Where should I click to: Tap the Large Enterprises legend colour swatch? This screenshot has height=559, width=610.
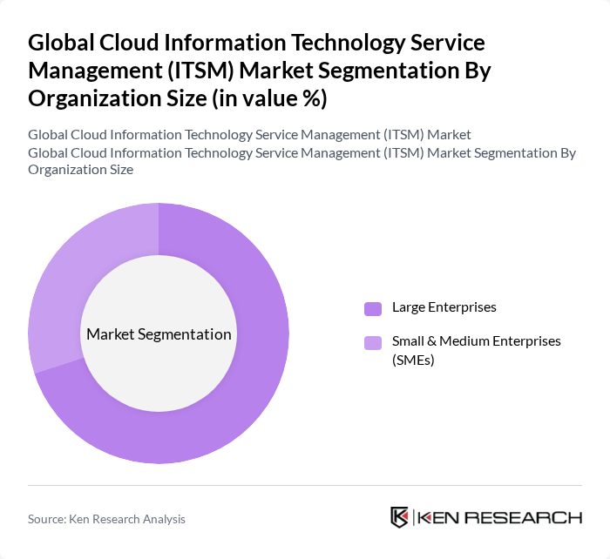[373, 307]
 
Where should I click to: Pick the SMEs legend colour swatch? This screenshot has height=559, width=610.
[373, 342]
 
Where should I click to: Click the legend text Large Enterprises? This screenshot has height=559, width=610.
[444, 307]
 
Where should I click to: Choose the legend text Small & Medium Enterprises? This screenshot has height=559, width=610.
[476, 341]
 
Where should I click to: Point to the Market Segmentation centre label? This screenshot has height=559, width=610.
[159, 334]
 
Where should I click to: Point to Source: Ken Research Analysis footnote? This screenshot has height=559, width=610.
[106, 519]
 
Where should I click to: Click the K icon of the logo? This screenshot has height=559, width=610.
[400, 517]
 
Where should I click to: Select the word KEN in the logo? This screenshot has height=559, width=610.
[441, 518]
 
